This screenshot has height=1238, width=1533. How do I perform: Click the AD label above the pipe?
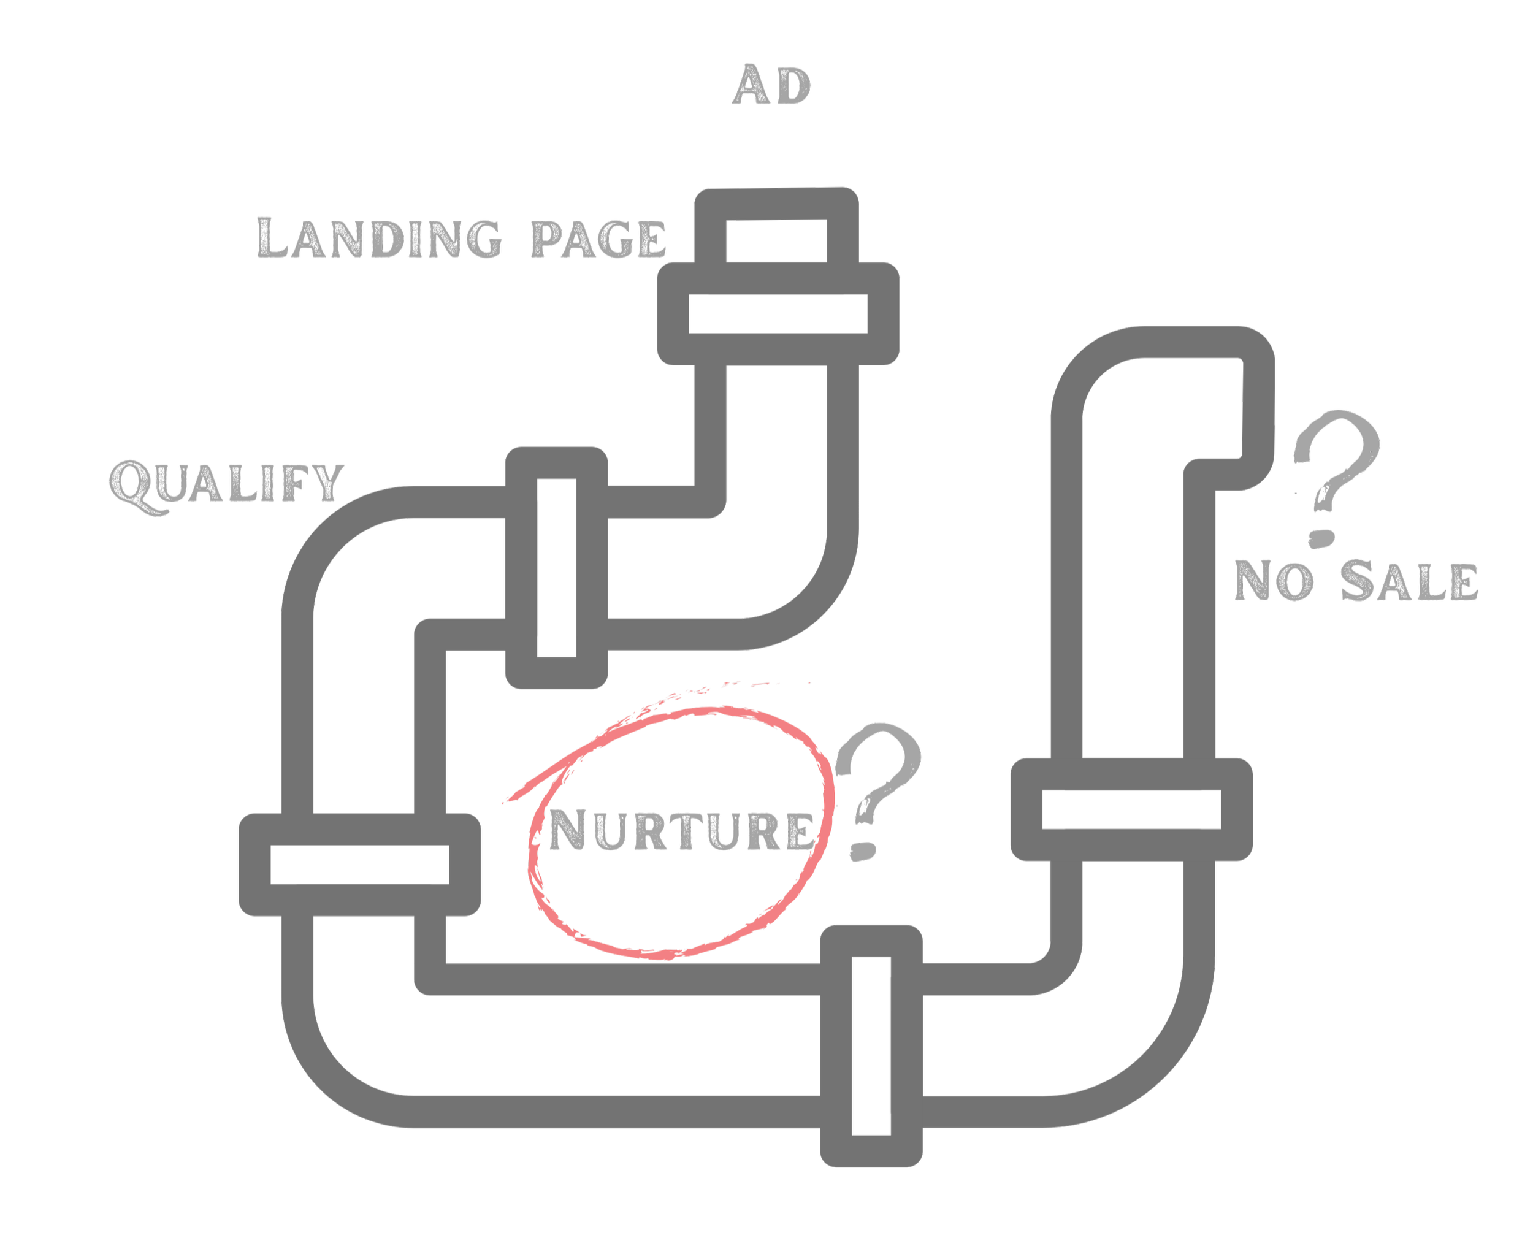(771, 86)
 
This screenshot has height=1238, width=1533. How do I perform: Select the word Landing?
(380, 237)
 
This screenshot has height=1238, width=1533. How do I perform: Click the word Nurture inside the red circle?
(681, 830)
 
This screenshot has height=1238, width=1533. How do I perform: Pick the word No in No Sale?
(1274, 581)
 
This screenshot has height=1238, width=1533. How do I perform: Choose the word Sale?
(1409, 581)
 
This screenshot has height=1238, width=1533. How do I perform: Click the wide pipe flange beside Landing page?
(778, 314)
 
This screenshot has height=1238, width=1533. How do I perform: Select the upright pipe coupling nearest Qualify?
(556, 568)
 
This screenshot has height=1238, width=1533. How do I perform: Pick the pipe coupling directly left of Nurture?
(359, 865)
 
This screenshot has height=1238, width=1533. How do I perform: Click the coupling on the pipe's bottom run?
(871, 1046)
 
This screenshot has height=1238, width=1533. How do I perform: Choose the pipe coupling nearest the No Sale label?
(1131, 809)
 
